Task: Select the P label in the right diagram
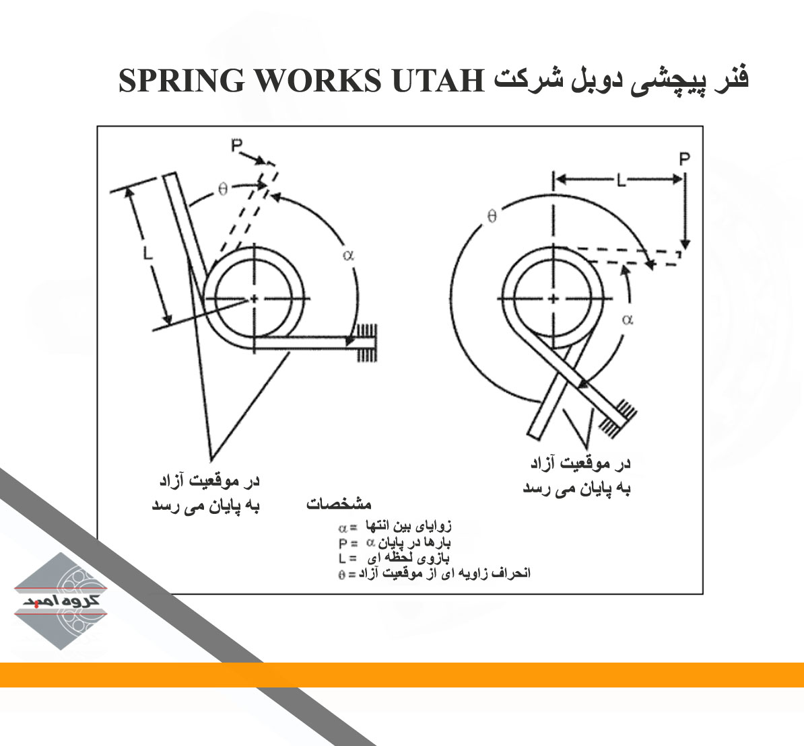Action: (x=684, y=159)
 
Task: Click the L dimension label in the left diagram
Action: (x=147, y=254)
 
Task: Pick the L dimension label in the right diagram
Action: (x=620, y=180)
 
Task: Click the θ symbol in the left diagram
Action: (x=223, y=189)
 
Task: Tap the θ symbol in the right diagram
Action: (x=492, y=217)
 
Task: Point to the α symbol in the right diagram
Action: (x=628, y=320)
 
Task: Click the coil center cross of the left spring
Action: (x=254, y=298)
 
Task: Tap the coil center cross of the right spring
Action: (x=553, y=298)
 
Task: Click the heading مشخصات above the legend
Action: (x=339, y=504)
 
